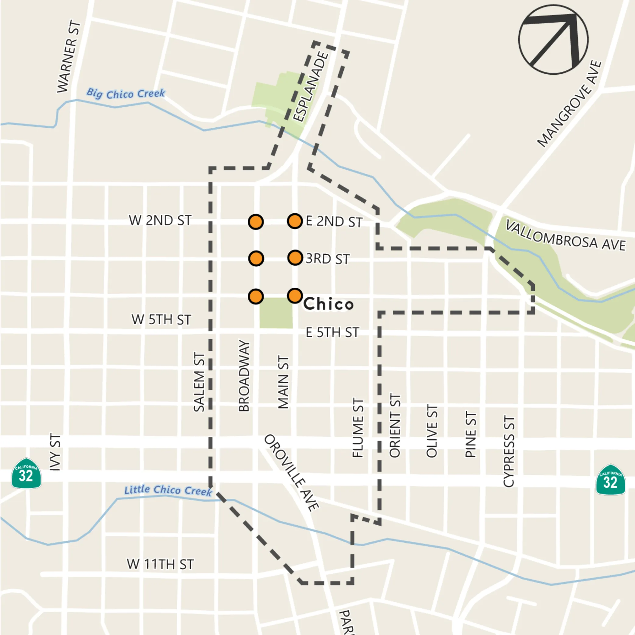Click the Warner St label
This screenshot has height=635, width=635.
coord(68,57)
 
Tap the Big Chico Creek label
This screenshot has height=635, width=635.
coord(126,94)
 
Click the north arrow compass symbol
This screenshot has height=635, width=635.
coord(553,39)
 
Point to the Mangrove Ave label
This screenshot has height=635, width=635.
coord(569,104)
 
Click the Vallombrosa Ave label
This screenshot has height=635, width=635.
coord(565,235)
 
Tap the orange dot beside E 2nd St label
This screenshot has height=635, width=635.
coord(295,221)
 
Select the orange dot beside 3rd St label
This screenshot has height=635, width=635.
coord(295,258)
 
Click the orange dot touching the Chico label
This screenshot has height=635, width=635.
coord(295,296)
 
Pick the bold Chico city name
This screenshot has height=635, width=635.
coord(328,304)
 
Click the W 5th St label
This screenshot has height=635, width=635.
coord(161,319)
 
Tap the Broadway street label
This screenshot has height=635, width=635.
coord(244,376)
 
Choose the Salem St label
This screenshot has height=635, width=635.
coord(199,382)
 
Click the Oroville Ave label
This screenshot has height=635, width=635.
coord(292,473)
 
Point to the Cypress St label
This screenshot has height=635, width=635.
coord(509,452)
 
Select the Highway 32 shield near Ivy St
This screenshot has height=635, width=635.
coord(26,474)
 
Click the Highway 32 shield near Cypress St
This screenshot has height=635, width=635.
coord(610,480)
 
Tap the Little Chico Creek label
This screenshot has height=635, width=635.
coord(168,490)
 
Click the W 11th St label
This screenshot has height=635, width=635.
coord(160,564)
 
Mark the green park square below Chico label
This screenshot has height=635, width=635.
coord(276,313)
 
